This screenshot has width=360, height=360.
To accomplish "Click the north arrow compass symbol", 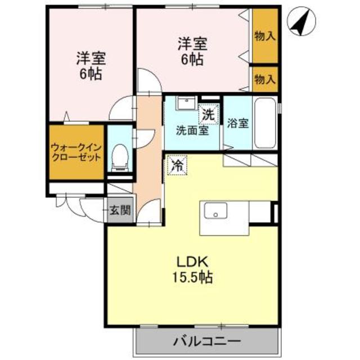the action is (x=301, y=21).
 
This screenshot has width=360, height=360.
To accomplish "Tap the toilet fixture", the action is (x=120, y=157).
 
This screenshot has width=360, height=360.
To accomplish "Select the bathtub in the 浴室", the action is (x=265, y=123).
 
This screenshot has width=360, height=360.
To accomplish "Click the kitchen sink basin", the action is (x=216, y=210).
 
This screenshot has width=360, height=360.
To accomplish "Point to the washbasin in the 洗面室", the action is (x=186, y=102).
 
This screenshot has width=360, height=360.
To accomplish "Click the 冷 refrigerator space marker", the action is (x=177, y=165).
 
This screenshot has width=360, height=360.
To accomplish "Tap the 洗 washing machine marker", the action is (x=209, y=115).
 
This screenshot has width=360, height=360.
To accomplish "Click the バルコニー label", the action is (x=207, y=341).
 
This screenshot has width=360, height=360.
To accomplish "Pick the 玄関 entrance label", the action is (x=120, y=210).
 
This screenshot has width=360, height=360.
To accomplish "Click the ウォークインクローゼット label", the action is (x=76, y=152).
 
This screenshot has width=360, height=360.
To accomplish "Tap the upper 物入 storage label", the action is (x=265, y=36).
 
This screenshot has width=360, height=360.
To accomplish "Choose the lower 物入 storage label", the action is (x=265, y=79).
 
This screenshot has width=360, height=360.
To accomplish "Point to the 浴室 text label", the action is (x=238, y=123).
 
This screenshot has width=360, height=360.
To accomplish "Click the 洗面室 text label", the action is (x=192, y=130).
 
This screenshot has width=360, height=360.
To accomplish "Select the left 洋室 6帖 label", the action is (x=91, y=66).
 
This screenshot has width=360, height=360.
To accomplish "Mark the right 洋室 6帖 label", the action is (x=192, y=51).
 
